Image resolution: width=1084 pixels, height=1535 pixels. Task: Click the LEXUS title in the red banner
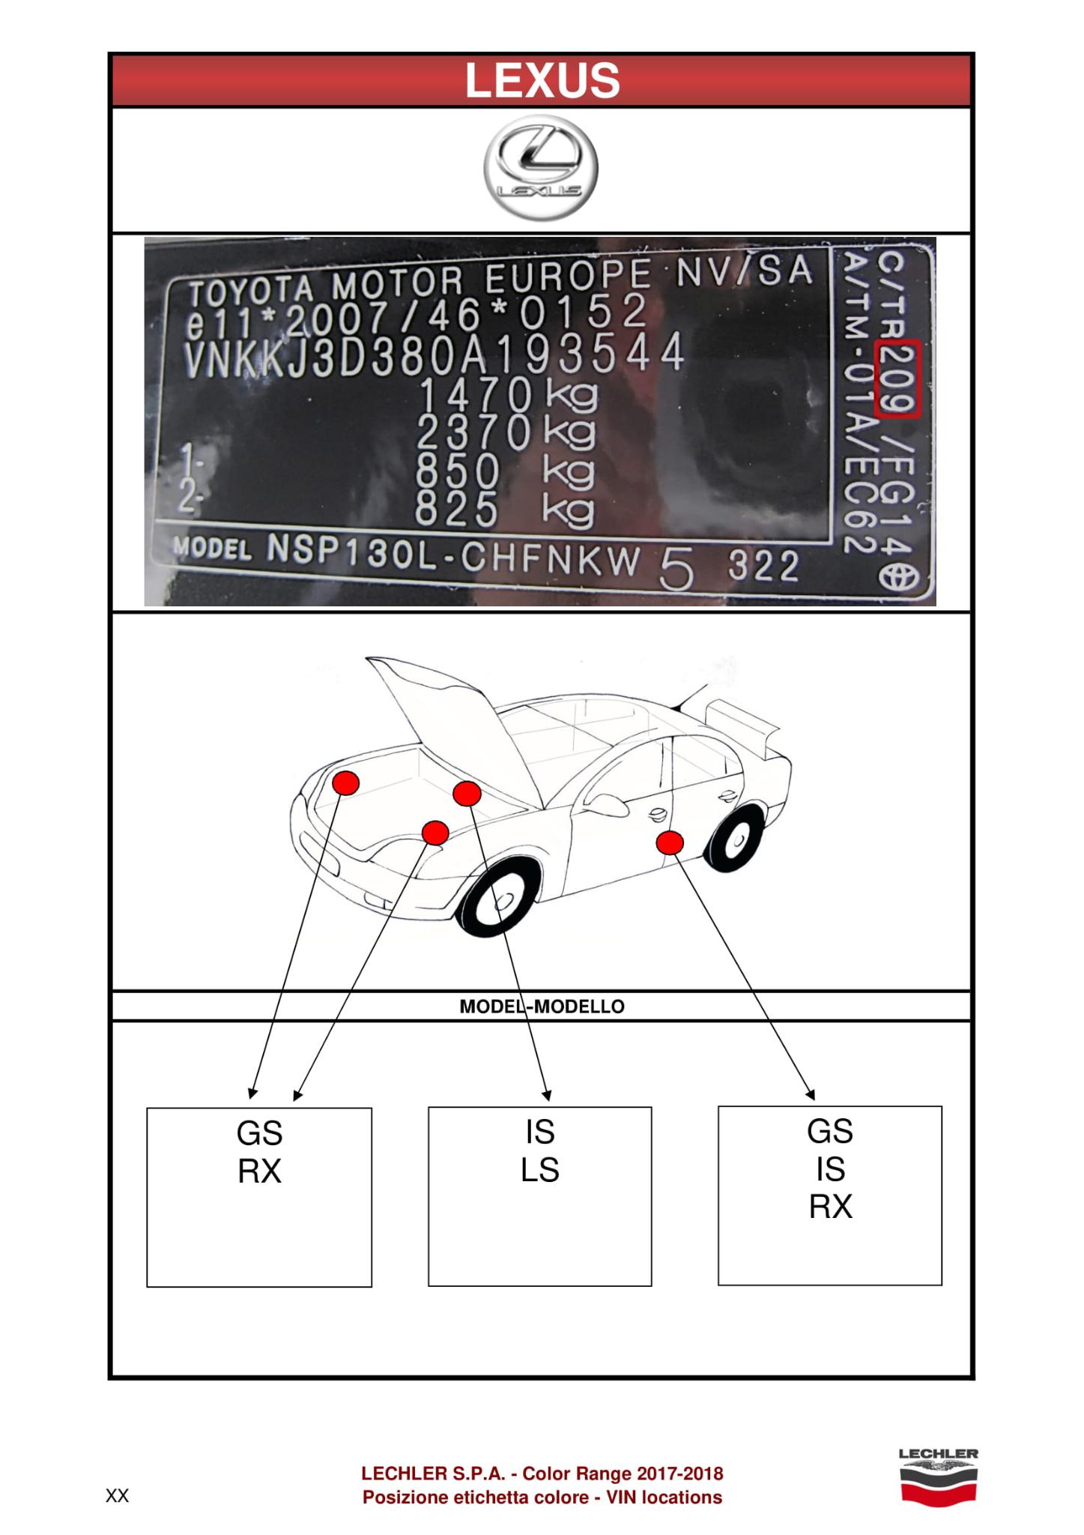pyautogui.click(x=542, y=80)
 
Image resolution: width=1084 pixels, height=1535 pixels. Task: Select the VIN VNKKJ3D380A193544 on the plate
pyautogui.click(x=434, y=353)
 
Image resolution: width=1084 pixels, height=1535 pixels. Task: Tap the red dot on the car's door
pyautogui.click(x=670, y=843)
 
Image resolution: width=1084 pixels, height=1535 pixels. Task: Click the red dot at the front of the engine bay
pyautogui.click(x=345, y=782)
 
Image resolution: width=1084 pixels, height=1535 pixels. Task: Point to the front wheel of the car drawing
pyautogui.click(x=500, y=903)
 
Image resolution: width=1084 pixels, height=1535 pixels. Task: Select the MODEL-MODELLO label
pyautogui.click(x=542, y=1006)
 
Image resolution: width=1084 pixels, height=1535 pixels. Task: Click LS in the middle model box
pyautogui.click(x=540, y=1170)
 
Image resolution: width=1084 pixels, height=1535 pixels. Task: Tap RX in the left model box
pyautogui.click(x=259, y=1171)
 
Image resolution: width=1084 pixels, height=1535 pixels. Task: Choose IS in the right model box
pyautogui.click(x=830, y=1169)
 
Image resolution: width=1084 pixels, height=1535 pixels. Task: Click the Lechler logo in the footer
pyautogui.click(x=938, y=1476)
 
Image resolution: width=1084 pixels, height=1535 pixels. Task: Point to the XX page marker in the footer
pyautogui.click(x=117, y=1497)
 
